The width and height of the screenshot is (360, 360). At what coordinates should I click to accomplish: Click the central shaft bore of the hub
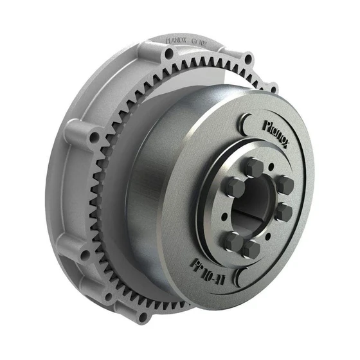pyautogui.click(x=254, y=206)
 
